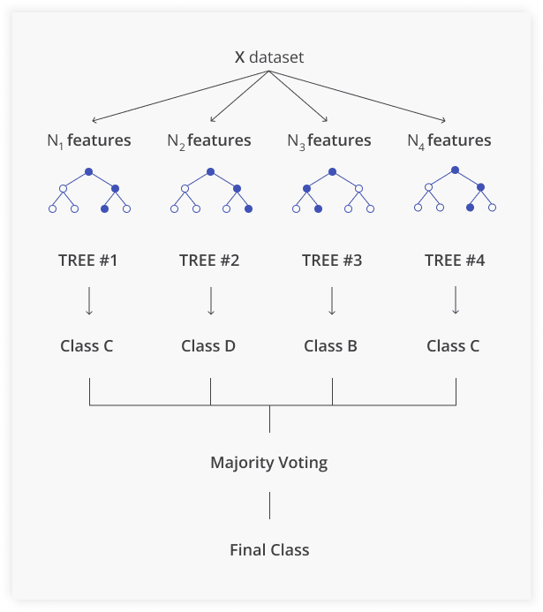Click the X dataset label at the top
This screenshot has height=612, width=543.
coord(268,58)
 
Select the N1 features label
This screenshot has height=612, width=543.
coord(88,140)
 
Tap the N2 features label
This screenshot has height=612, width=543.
coord(209,140)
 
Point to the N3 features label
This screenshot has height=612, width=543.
coord(329,140)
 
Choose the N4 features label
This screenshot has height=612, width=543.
coord(449,140)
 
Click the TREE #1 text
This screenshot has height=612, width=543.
coord(87,261)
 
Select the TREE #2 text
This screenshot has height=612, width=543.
coord(209,261)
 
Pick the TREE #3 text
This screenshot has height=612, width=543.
coord(331,261)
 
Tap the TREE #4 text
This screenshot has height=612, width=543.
coord(454,261)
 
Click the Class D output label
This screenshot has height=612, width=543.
coord(208,345)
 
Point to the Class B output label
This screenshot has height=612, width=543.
coord(330,345)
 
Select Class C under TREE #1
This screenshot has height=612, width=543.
coord(87,345)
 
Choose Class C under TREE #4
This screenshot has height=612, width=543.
coord(453,345)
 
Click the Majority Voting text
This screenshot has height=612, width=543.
coord(268,462)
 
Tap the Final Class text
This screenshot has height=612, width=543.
coord(269,549)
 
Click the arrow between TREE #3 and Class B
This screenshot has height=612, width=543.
coord(332,300)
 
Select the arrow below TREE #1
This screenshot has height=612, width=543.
coord(88,300)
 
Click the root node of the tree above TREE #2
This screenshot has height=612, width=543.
coord(210,171)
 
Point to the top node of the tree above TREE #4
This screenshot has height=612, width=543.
coord(455,170)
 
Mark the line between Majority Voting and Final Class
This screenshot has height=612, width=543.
coord(269,505)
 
